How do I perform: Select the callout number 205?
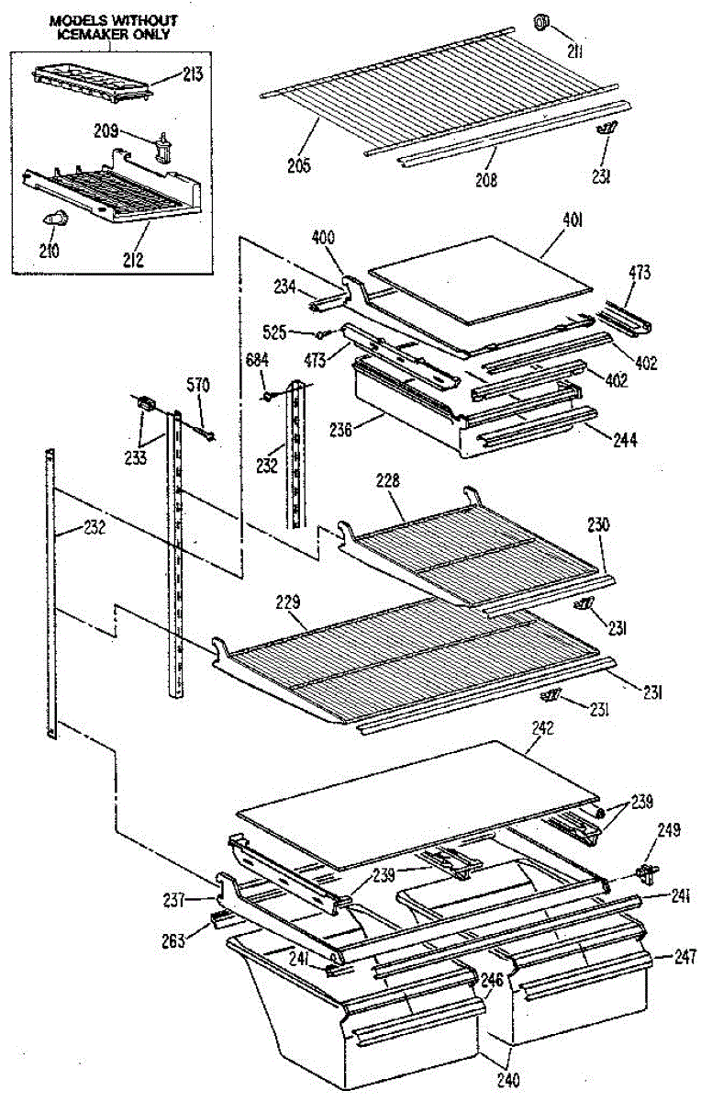pos(298,166)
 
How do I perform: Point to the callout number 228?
pos(389,482)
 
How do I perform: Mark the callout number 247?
pos(684,957)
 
